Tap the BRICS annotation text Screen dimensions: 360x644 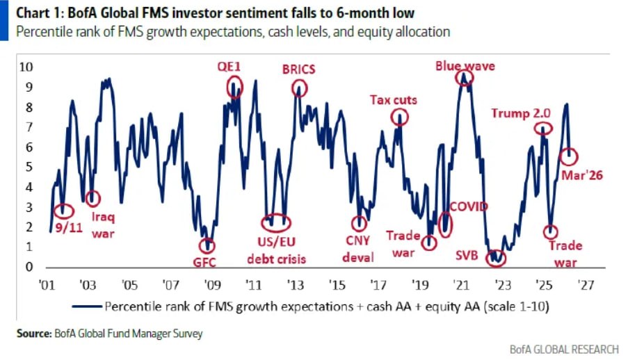(298, 69)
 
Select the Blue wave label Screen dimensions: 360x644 (465, 66)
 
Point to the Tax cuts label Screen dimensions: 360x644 (393, 100)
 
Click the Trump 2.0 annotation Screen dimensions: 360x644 (521, 113)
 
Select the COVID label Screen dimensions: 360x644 (468, 206)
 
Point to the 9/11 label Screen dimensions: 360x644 (67, 227)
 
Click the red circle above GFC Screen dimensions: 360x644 (207, 245)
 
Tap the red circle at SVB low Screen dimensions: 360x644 (496, 258)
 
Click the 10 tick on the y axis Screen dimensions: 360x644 (25, 67)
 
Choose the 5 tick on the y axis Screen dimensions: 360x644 (29, 167)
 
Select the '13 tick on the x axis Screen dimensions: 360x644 (294, 284)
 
